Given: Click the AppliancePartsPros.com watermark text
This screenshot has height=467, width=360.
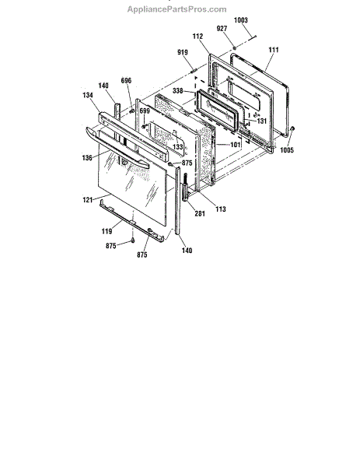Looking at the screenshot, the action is (x=177, y=9).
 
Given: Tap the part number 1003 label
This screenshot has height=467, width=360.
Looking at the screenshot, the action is (x=241, y=20).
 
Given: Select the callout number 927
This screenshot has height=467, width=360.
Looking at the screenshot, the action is (x=222, y=28).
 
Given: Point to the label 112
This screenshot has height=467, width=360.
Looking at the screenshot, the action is (x=197, y=36).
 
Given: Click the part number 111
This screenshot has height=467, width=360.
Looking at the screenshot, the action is (x=274, y=50).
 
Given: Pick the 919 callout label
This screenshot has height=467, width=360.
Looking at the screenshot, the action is (x=183, y=52).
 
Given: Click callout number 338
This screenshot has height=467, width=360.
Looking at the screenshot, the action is (x=177, y=90).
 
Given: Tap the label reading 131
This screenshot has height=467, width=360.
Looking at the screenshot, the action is (x=261, y=121).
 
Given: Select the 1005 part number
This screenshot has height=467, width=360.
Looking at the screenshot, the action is (x=287, y=149).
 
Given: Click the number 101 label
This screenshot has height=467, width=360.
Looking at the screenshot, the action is (x=235, y=145).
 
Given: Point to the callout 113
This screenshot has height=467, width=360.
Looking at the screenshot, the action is (x=221, y=209).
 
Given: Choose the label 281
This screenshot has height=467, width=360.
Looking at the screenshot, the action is (x=200, y=213).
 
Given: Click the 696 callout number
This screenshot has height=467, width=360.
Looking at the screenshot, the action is (x=126, y=80).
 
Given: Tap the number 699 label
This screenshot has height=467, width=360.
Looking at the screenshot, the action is (x=145, y=111).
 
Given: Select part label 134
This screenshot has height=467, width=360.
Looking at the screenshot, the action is (x=88, y=95).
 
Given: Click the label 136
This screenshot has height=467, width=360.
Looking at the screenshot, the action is (x=87, y=157).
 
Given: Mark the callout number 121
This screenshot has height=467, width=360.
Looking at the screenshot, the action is (x=88, y=199).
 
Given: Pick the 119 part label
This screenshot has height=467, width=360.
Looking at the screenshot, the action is (x=107, y=231).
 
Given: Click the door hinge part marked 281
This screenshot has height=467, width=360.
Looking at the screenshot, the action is (x=185, y=188).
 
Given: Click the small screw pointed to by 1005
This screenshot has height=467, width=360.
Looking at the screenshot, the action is (x=292, y=128).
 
